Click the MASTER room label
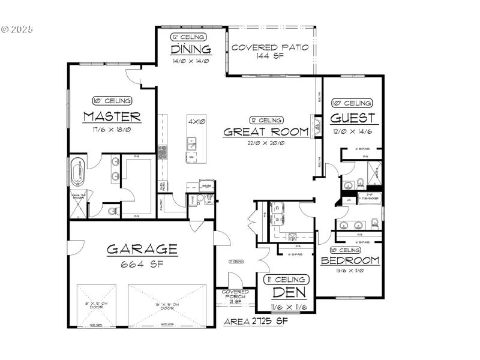tap(112, 116)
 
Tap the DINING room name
tap(191, 49)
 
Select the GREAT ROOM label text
tap(266, 132)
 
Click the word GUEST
tap(352, 118)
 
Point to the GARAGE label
tap(142, 249)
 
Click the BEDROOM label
tap(350, 260)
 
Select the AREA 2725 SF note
tap(256, 322)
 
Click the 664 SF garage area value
tap(143, 263)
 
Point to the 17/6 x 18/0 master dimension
tap(112, 129)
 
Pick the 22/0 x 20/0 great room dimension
tap(266, 143)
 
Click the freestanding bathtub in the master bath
tap(77, 172)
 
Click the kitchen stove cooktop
tap(161, 152)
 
